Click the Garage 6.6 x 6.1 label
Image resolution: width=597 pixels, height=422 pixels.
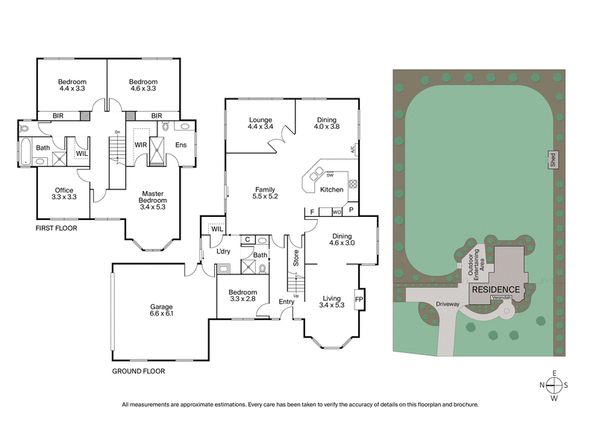tap(160, 310)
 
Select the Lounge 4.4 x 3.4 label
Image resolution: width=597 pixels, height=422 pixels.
tap(261, 124)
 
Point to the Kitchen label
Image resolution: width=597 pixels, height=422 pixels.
tap(331, 189)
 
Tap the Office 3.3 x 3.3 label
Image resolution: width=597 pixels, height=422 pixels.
tap(64, 194)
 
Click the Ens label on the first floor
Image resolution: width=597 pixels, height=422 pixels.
tap(181, 145)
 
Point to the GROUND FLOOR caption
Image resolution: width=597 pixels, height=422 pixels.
tap(138, 371)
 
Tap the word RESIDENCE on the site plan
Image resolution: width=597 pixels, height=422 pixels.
tap(494, 289)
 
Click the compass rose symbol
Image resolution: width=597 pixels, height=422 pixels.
tap(553, 385)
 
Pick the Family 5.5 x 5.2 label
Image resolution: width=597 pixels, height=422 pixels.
tap(266, 193)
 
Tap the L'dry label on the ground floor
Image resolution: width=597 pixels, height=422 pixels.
tap(223, 251)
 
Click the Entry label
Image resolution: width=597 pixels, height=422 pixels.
tap(286, 301)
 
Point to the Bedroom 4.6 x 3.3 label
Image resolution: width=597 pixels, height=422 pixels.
tap(143, 86)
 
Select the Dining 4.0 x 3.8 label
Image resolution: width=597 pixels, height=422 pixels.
tap(326, 124)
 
